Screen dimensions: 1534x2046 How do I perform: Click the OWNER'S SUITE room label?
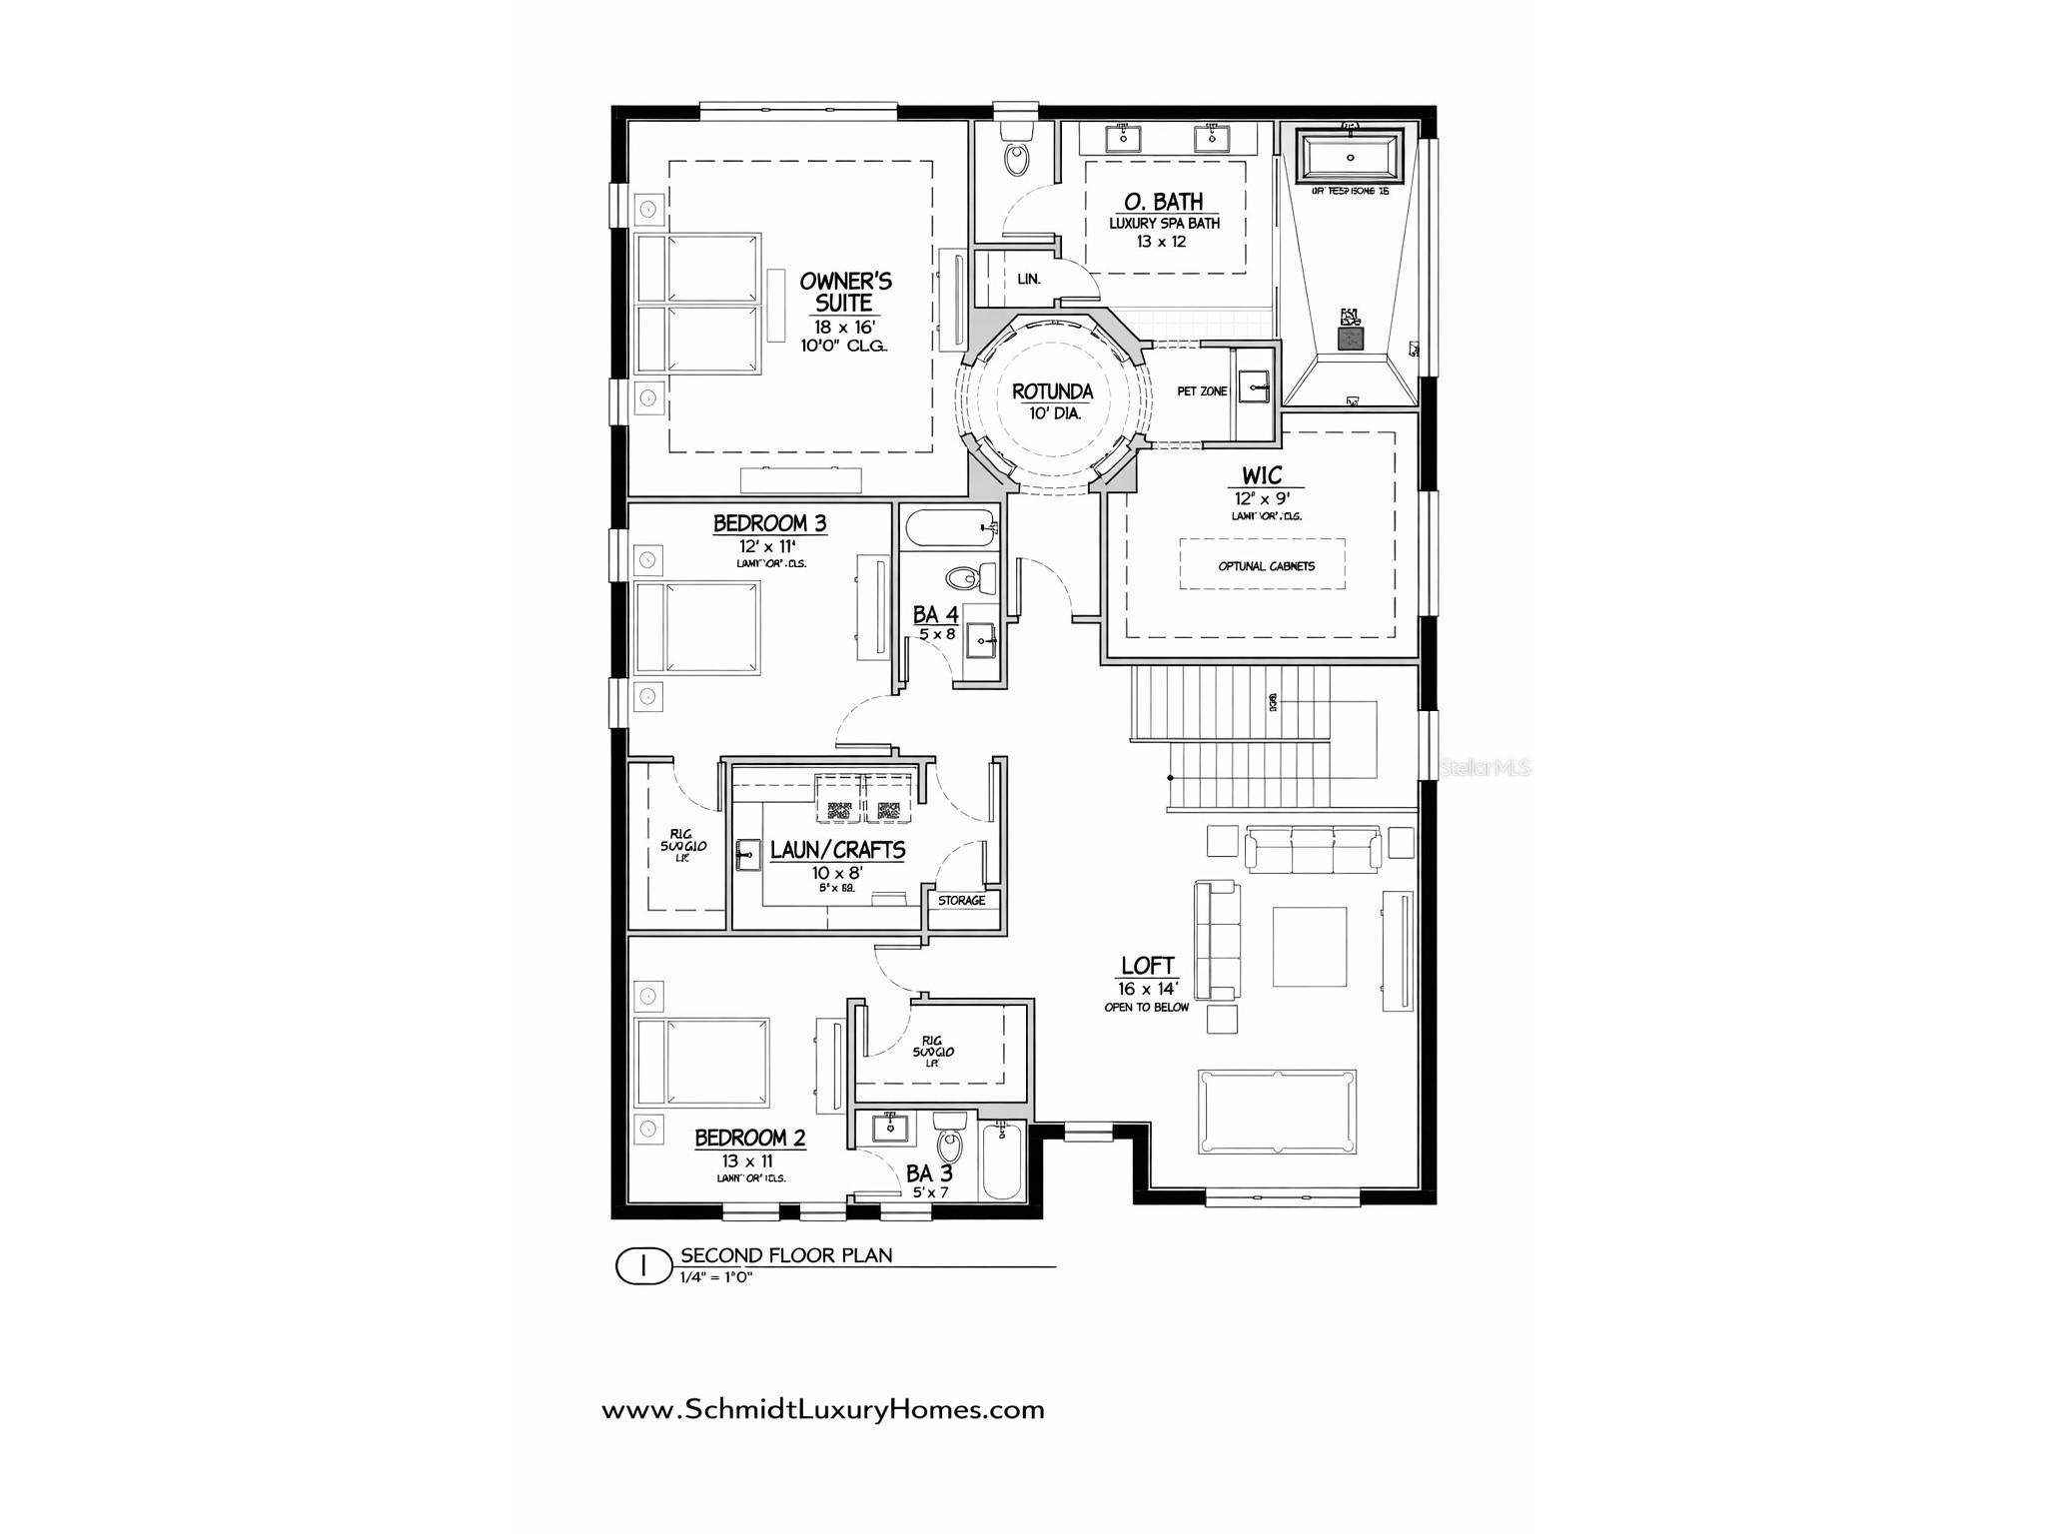pos(845,292)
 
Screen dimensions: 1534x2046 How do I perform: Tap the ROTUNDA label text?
pos(1052,392)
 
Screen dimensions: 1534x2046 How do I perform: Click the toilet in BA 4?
pos(966,578)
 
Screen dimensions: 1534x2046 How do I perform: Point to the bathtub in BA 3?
pos(1002,1161)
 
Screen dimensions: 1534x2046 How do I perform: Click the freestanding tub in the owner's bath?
pos(1351,157)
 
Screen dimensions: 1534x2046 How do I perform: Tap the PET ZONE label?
pos(1201,391)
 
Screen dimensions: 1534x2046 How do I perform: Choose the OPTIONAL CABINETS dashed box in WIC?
pos(1263,564)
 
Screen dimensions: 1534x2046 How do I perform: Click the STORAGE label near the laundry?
pos(961,901)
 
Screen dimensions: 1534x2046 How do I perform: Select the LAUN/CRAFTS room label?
pos(837,851)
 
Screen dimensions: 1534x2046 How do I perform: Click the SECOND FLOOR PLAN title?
pos(786,1255)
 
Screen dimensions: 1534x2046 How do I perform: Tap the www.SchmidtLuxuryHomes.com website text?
pos(822,1410)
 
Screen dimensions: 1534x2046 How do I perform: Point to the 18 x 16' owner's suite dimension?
pos(844,326)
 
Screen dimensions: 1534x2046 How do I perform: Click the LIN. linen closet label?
pos(1028,280)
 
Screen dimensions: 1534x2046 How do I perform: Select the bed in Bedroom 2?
pos(703,1063)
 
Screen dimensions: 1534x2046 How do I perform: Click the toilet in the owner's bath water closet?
pos(1017,158)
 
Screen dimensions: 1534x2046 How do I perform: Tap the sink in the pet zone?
pos(1253,385)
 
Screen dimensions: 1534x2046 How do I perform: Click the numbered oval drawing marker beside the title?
pos(643,1266)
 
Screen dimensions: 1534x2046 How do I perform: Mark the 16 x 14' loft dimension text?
pos(1147,989)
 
